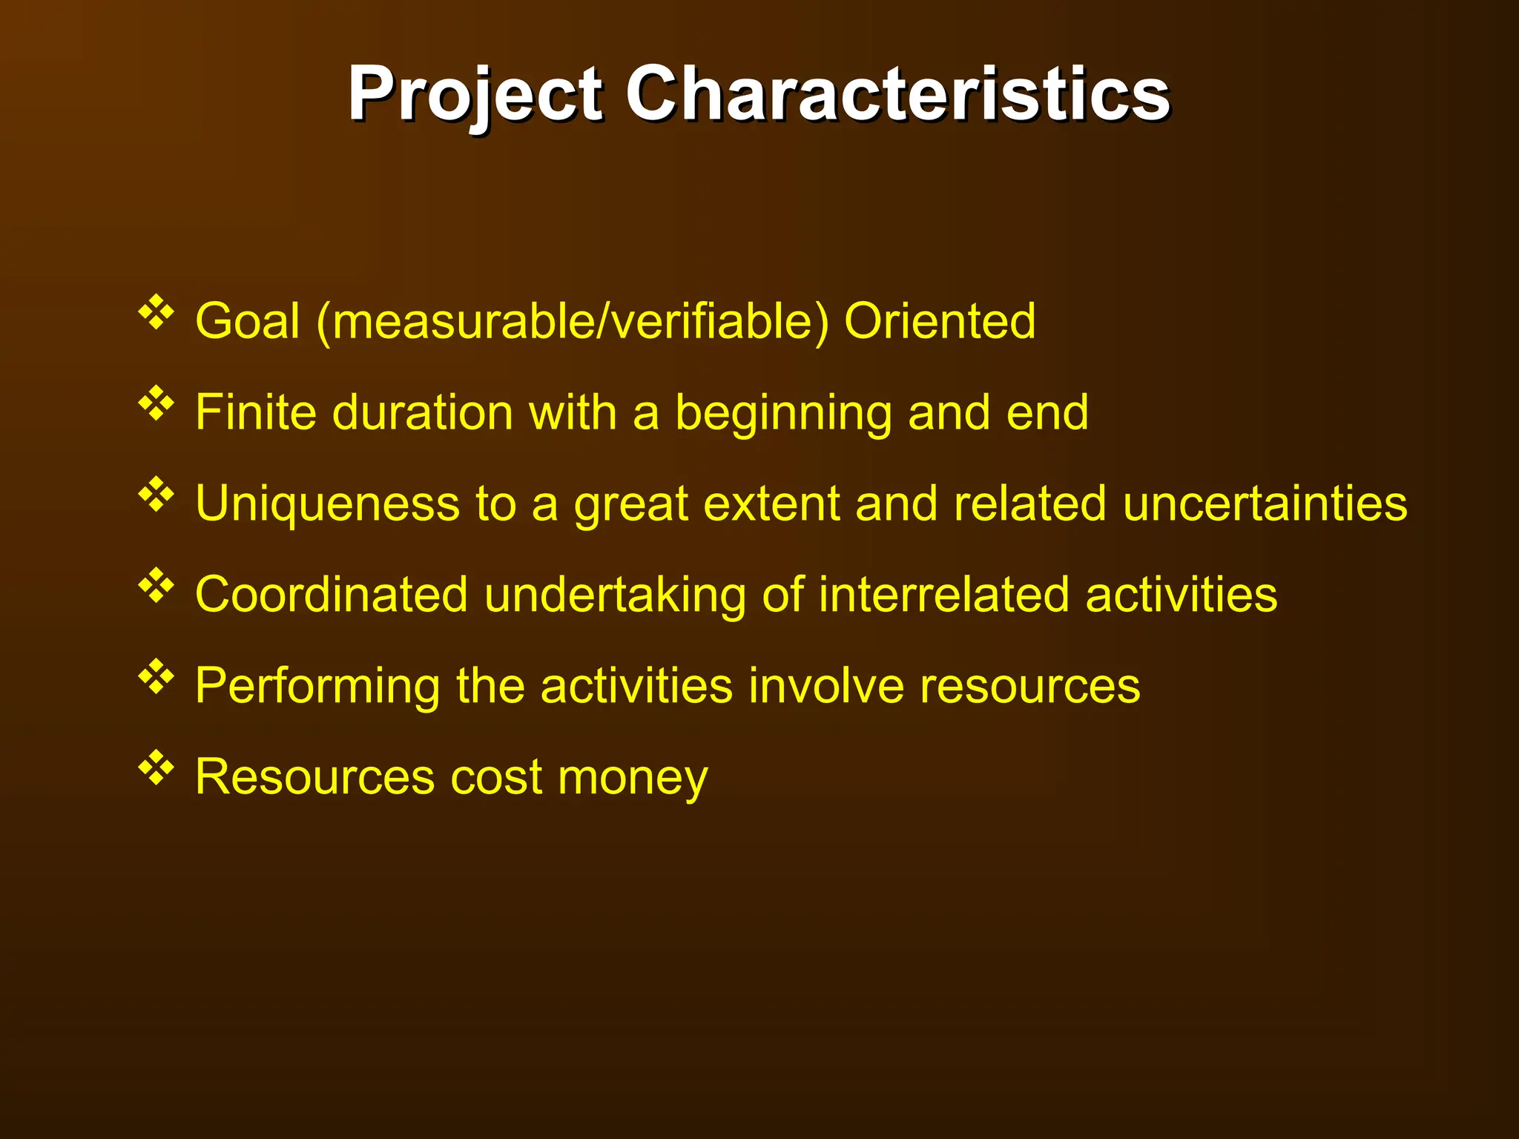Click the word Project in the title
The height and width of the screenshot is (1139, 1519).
coord(475,95)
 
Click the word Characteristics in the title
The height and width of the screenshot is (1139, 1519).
coord(897,93)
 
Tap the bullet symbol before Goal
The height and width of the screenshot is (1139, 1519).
coord(156,312)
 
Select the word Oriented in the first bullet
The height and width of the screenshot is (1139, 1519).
coord(940,321)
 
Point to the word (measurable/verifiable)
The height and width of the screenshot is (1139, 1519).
coord(572,323)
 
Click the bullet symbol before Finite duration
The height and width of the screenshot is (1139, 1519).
coord(156,403)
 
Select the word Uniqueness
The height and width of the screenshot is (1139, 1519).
coord(327,504)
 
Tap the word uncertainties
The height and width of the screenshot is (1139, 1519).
coord(1265,504)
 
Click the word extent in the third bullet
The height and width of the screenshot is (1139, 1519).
coord(771,504)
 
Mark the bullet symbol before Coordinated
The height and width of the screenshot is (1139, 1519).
coord(156,586)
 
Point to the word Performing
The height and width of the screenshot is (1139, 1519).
coord(317,687)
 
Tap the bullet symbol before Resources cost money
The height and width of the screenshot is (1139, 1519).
coord(156,768)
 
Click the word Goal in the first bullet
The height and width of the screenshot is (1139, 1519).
coord(248,321)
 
